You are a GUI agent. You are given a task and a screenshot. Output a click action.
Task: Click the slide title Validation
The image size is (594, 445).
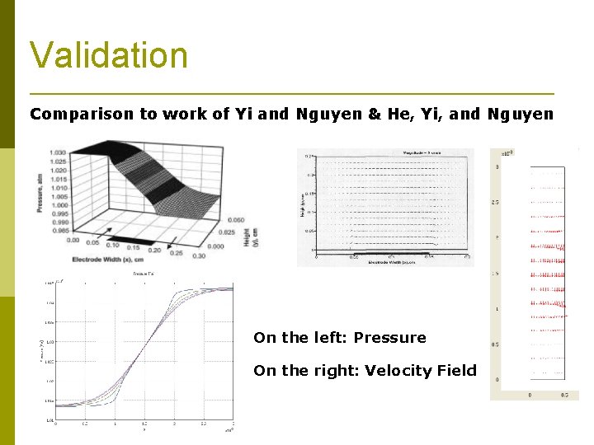109,55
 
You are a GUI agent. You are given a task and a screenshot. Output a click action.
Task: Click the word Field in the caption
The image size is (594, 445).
456,371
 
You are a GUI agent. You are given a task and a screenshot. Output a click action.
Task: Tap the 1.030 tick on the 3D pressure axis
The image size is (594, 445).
58,153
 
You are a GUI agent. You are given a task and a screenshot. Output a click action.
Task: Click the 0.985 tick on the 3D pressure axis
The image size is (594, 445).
58,231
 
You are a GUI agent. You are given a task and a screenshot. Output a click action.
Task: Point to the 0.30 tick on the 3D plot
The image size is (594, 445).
198,255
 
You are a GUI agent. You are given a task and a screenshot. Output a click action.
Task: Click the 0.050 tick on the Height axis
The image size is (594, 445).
234,220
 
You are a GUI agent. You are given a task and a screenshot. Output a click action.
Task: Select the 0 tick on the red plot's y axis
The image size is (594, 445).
497,379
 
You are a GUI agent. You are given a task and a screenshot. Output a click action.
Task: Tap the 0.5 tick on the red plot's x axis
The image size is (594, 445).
564,395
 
